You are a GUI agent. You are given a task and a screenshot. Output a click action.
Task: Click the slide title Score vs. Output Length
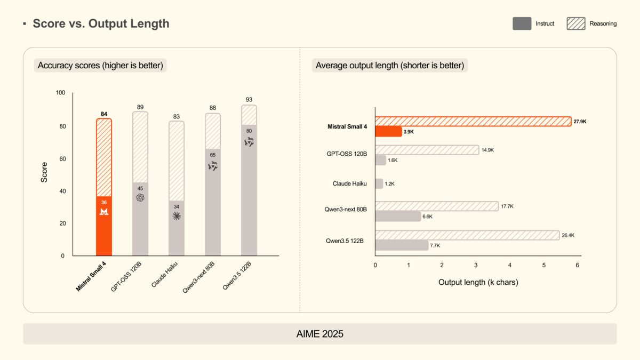(x=101, y=23)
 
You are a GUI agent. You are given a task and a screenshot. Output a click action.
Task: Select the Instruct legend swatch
(x=522, y=23)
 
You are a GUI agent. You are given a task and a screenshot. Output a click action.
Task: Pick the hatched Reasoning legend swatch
(x=575, y=23)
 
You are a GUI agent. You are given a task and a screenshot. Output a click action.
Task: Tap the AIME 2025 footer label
(x=320, y=334)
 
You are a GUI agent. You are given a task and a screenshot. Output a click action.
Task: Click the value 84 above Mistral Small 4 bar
(x=104, y=114)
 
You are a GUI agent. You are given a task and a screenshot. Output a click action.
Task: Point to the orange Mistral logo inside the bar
(x=104, y=212)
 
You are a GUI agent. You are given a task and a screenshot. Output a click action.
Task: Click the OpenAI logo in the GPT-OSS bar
(x=140, y=197)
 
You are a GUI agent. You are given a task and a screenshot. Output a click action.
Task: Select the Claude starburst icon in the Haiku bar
(x=177, y=216)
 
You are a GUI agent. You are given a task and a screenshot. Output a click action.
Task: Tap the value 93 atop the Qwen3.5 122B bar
(x=249, y=100)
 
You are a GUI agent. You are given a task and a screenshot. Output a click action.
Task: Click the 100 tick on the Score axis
(x=60, y=93)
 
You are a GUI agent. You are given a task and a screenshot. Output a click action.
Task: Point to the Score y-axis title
(x=44, y=172)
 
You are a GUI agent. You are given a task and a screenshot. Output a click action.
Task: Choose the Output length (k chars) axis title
(x=478, y=282)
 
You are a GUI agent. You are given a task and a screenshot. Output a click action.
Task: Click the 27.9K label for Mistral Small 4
(x=580, y=122)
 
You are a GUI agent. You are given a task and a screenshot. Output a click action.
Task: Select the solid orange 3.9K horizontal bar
(x=388, y=131)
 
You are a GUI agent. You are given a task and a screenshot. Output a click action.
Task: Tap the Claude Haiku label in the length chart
(x=350, y=184)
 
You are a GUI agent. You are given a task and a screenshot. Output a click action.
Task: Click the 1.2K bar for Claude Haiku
(x=379, y=184)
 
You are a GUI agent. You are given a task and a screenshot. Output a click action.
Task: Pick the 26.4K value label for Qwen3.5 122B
(x=568, y=235)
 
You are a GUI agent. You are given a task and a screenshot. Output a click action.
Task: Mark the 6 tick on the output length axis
(x=578, y=265)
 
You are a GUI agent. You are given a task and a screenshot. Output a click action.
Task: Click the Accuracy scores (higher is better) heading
(x=101, y=66)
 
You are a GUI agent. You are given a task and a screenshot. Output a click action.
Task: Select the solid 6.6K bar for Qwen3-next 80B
(x=398, y=217)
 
